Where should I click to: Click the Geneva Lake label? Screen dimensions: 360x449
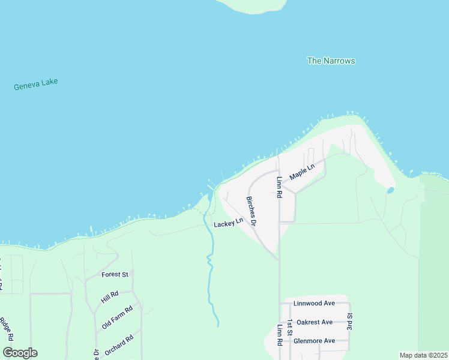[35, 84]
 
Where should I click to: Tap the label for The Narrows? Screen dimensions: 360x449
[331, 61]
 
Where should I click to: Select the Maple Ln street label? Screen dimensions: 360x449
[302, 173]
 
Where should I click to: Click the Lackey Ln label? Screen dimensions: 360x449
[228, 222]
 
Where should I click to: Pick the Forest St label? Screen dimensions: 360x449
[115, 275]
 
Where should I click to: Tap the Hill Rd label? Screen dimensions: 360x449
[110, 295]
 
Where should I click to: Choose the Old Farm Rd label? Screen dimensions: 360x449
[116, 317]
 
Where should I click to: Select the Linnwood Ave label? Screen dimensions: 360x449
[314, 304]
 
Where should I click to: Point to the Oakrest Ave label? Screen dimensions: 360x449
[315, 322]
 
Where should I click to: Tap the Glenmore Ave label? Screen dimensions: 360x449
[314, 341]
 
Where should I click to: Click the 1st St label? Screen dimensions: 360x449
[289, 328]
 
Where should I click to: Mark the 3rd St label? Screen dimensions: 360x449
[349, 322]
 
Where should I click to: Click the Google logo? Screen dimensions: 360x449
[20, 353]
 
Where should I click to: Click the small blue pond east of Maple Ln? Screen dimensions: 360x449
[390, 190]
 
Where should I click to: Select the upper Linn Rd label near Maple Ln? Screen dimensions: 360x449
[279, 187]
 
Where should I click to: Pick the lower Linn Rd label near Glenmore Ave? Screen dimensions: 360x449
[279, 335]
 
